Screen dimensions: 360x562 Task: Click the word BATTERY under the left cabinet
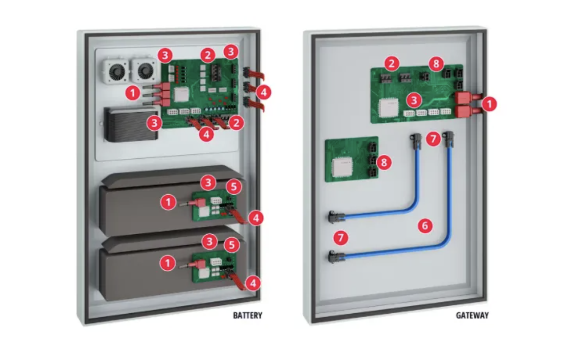(247, 315)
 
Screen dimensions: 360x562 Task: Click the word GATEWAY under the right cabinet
(472, 315)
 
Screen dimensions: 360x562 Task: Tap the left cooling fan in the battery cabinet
(113, 72)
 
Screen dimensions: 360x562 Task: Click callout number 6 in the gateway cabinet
(425, 226)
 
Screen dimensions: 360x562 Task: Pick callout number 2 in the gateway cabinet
(392, 63)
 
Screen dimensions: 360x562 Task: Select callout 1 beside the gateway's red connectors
(489, 104)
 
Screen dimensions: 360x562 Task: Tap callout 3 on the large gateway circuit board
(415, 100)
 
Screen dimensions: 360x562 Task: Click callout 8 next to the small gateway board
(384, 161)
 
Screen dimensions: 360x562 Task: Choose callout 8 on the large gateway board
(436, 63)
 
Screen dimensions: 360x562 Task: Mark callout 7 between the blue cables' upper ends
(432, 139)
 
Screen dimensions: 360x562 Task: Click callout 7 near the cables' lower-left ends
(340, 238)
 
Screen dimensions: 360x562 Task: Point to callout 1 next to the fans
(132, 92)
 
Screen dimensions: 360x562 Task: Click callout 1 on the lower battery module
(168, 263)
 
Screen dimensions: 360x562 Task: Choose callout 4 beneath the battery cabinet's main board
(206, 134)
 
